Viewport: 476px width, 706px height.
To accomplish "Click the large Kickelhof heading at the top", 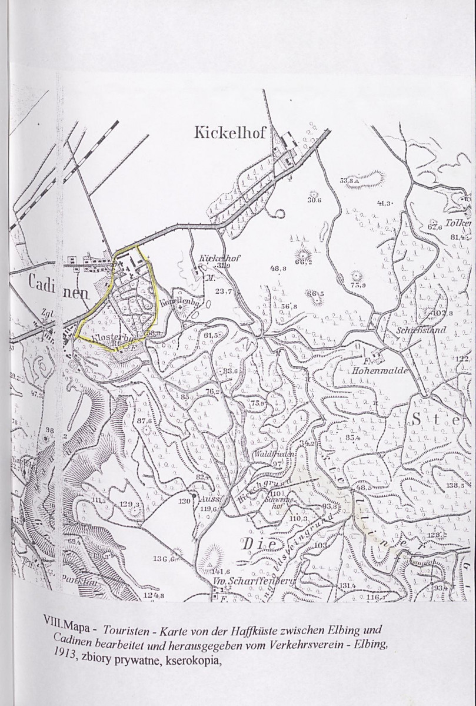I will point(231,134).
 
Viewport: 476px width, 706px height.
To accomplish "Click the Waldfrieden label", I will point(270,455).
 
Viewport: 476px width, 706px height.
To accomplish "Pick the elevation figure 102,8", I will point(442,314).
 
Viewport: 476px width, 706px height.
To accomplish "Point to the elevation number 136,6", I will point(164,558).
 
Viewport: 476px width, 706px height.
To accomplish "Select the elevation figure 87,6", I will point(145,421).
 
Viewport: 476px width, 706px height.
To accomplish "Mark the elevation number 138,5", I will point(455,485).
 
